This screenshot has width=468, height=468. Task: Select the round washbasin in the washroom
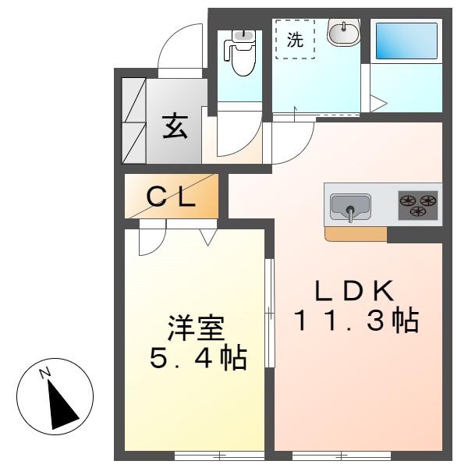point(342,34)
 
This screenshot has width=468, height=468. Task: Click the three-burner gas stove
point(418,204)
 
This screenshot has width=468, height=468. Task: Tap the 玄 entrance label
point(175,126)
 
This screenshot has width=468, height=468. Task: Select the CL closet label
point(172,198)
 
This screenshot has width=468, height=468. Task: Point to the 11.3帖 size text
point(356,321)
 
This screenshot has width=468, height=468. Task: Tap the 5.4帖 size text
point(198,359)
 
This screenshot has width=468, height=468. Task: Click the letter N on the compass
point(45,372)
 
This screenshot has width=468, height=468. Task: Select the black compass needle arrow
point(62,404)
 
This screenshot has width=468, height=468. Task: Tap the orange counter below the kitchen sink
point(355,233)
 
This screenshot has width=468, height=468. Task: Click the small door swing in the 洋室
point(151,239)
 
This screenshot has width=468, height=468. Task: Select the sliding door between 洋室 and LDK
point(268,312)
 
